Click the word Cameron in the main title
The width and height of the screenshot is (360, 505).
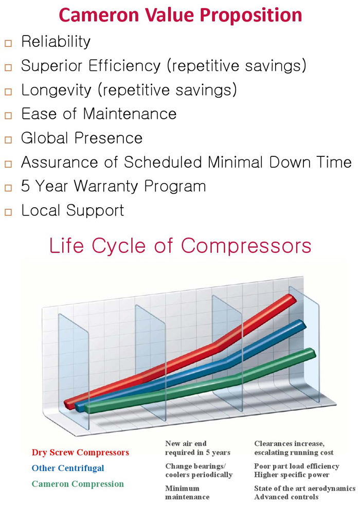tap(99, 15)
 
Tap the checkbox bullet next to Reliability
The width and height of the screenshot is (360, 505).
tap(8, 43)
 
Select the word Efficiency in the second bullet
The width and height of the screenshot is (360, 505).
tap(124, 66)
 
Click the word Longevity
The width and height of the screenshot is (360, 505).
tap(57, 90)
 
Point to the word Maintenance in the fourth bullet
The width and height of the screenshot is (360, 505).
tap(130, 114)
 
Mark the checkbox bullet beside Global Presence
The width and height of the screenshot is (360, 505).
tap(8, 140)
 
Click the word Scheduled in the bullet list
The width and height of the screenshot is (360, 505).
tap(163, 162)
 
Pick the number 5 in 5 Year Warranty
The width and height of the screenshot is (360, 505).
tap(25, 186)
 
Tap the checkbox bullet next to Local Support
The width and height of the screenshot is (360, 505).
tap(8, 212)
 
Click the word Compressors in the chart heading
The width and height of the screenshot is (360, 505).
tap(246, 246)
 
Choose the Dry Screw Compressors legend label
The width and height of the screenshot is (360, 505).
tap(80, 453)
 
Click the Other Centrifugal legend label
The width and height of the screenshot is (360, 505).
tap(67, 468)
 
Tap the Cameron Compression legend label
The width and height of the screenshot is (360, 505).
tap(78, 484)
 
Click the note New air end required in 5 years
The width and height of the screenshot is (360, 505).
tap(197, 448)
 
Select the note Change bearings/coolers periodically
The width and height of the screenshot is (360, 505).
tap(199, 471)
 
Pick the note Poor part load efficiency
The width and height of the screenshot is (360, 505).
tap(297, 466)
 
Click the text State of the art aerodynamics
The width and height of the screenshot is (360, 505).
tap(304, 488)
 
